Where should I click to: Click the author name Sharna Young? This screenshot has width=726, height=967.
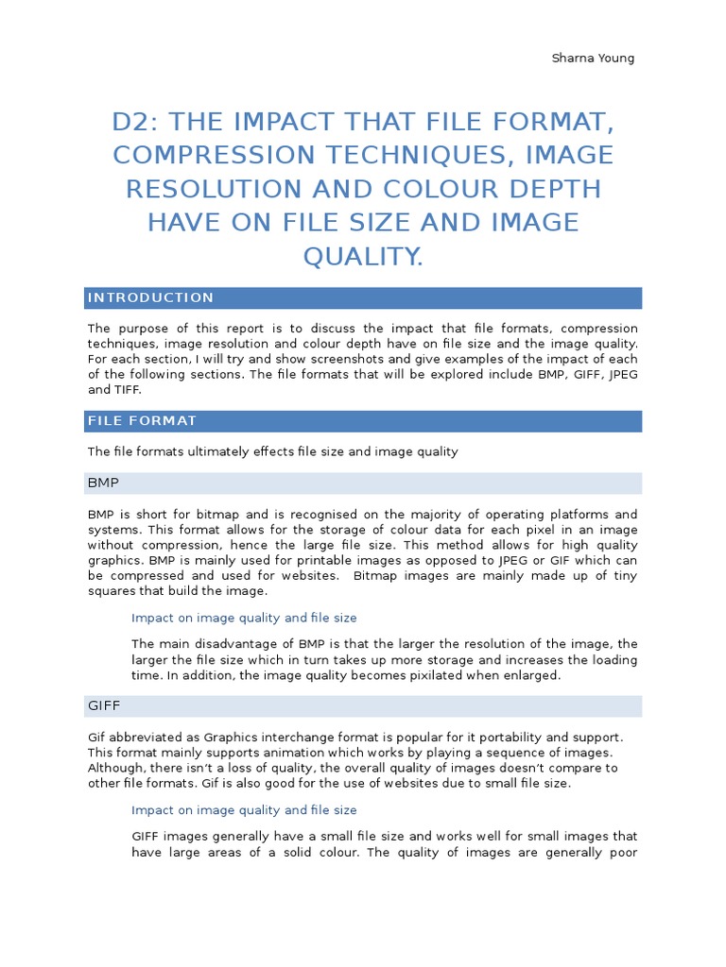click(593, 59)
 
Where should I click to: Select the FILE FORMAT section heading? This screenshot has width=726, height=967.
click(142, 421)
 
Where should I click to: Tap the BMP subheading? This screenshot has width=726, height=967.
click(103, 483)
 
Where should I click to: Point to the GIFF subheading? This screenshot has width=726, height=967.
click(104, 706)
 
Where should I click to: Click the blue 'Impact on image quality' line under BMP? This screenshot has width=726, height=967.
click(244, 618)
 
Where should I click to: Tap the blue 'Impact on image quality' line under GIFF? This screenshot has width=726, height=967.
click(244, 810)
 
